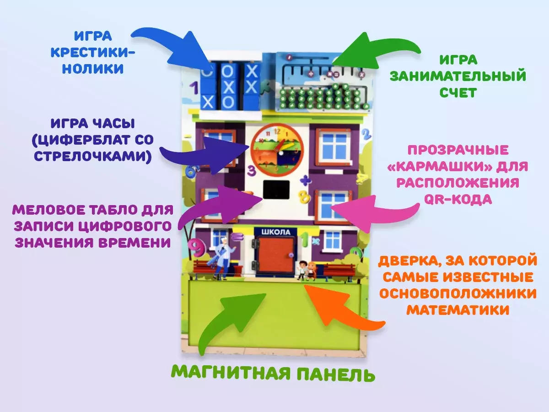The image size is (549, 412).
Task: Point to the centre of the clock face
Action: pyautogui.click(x=277, y=148)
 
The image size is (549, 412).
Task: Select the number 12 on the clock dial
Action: pyautogui.click(x=276, y=130)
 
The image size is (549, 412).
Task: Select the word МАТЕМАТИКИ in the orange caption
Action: pyautogui.click(x=458, y=310)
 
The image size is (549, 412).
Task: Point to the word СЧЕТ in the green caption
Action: pyautogui.click(x=458, y=92)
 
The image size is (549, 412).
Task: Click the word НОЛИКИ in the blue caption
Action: pyautogui.click(x=93, y=69)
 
